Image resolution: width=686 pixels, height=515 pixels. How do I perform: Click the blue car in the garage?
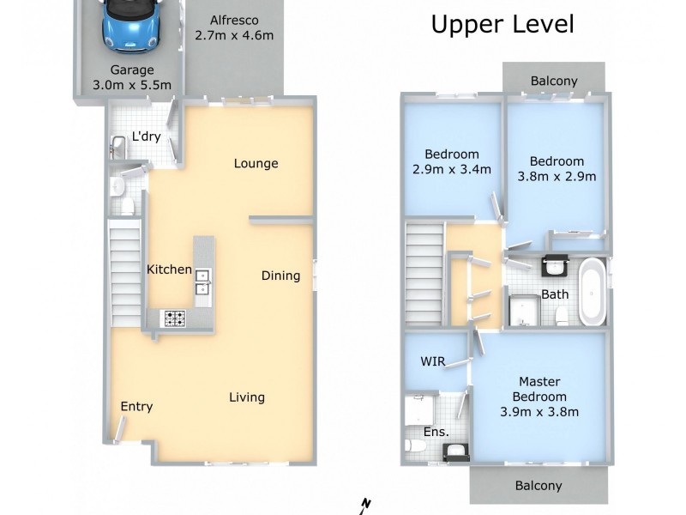point(127,23)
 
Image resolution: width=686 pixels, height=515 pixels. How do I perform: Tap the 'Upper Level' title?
point(502,25)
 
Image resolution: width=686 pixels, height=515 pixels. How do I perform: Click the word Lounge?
point(256,163)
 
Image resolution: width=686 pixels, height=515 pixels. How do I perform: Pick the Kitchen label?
point(169,270)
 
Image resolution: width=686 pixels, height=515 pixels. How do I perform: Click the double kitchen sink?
point(203,282)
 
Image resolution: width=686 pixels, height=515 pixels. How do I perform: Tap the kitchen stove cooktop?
point(176,318)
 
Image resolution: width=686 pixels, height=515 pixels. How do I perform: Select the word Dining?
point(280,276)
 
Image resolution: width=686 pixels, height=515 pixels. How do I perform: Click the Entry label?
point(136,406)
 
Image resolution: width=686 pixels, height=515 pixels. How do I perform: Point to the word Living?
point(247,397)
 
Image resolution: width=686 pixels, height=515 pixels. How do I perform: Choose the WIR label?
point(432,361)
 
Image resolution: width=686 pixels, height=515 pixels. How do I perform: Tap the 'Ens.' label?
point(436,432)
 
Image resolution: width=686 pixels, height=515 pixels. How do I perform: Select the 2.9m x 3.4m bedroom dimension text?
point(452,169)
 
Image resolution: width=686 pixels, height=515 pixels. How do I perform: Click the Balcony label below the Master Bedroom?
point(539,485)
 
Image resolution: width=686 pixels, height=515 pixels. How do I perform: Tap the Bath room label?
point(555,294)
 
